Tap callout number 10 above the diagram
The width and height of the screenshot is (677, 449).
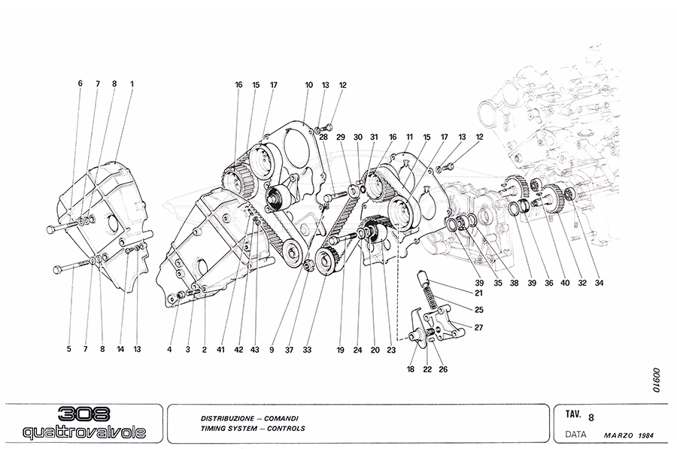[308, 85]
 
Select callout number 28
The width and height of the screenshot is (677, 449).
[323, 137]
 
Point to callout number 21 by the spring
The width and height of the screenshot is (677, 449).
[478, 293]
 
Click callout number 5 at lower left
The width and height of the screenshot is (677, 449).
[68, 348]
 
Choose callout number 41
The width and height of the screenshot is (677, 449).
[221, 348]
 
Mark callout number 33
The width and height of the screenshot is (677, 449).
[308, 348]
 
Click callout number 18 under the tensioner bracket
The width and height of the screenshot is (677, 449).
[411, 369]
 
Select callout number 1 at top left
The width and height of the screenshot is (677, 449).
[132, 84]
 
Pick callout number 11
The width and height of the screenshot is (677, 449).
[410, 137]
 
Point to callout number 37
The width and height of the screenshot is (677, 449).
[288, 348]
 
